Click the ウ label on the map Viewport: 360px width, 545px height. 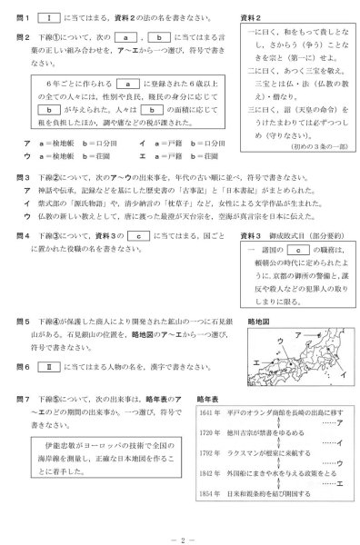pos(277,342)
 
